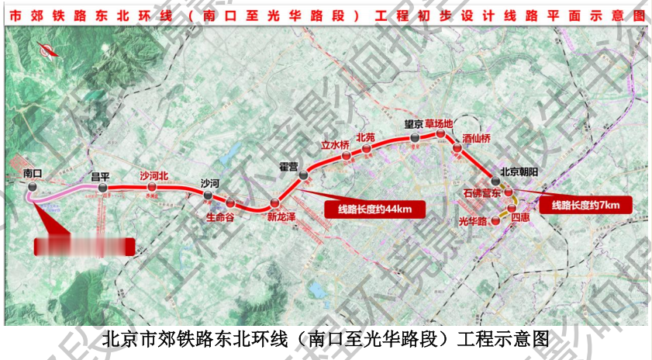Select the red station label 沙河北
pyautogui.click(x=154, y=175)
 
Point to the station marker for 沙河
pyautogui.click(x=209, y=196)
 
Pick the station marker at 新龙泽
pyautogui.click(x=274, y=204)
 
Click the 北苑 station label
pyautogui.click(x=365, y=137)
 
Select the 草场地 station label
pyautogui.click(x=440, y=123)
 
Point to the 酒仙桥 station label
pyautogui.click(x=477, y=139)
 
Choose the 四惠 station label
pyautogui.click(x=522, y=220)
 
